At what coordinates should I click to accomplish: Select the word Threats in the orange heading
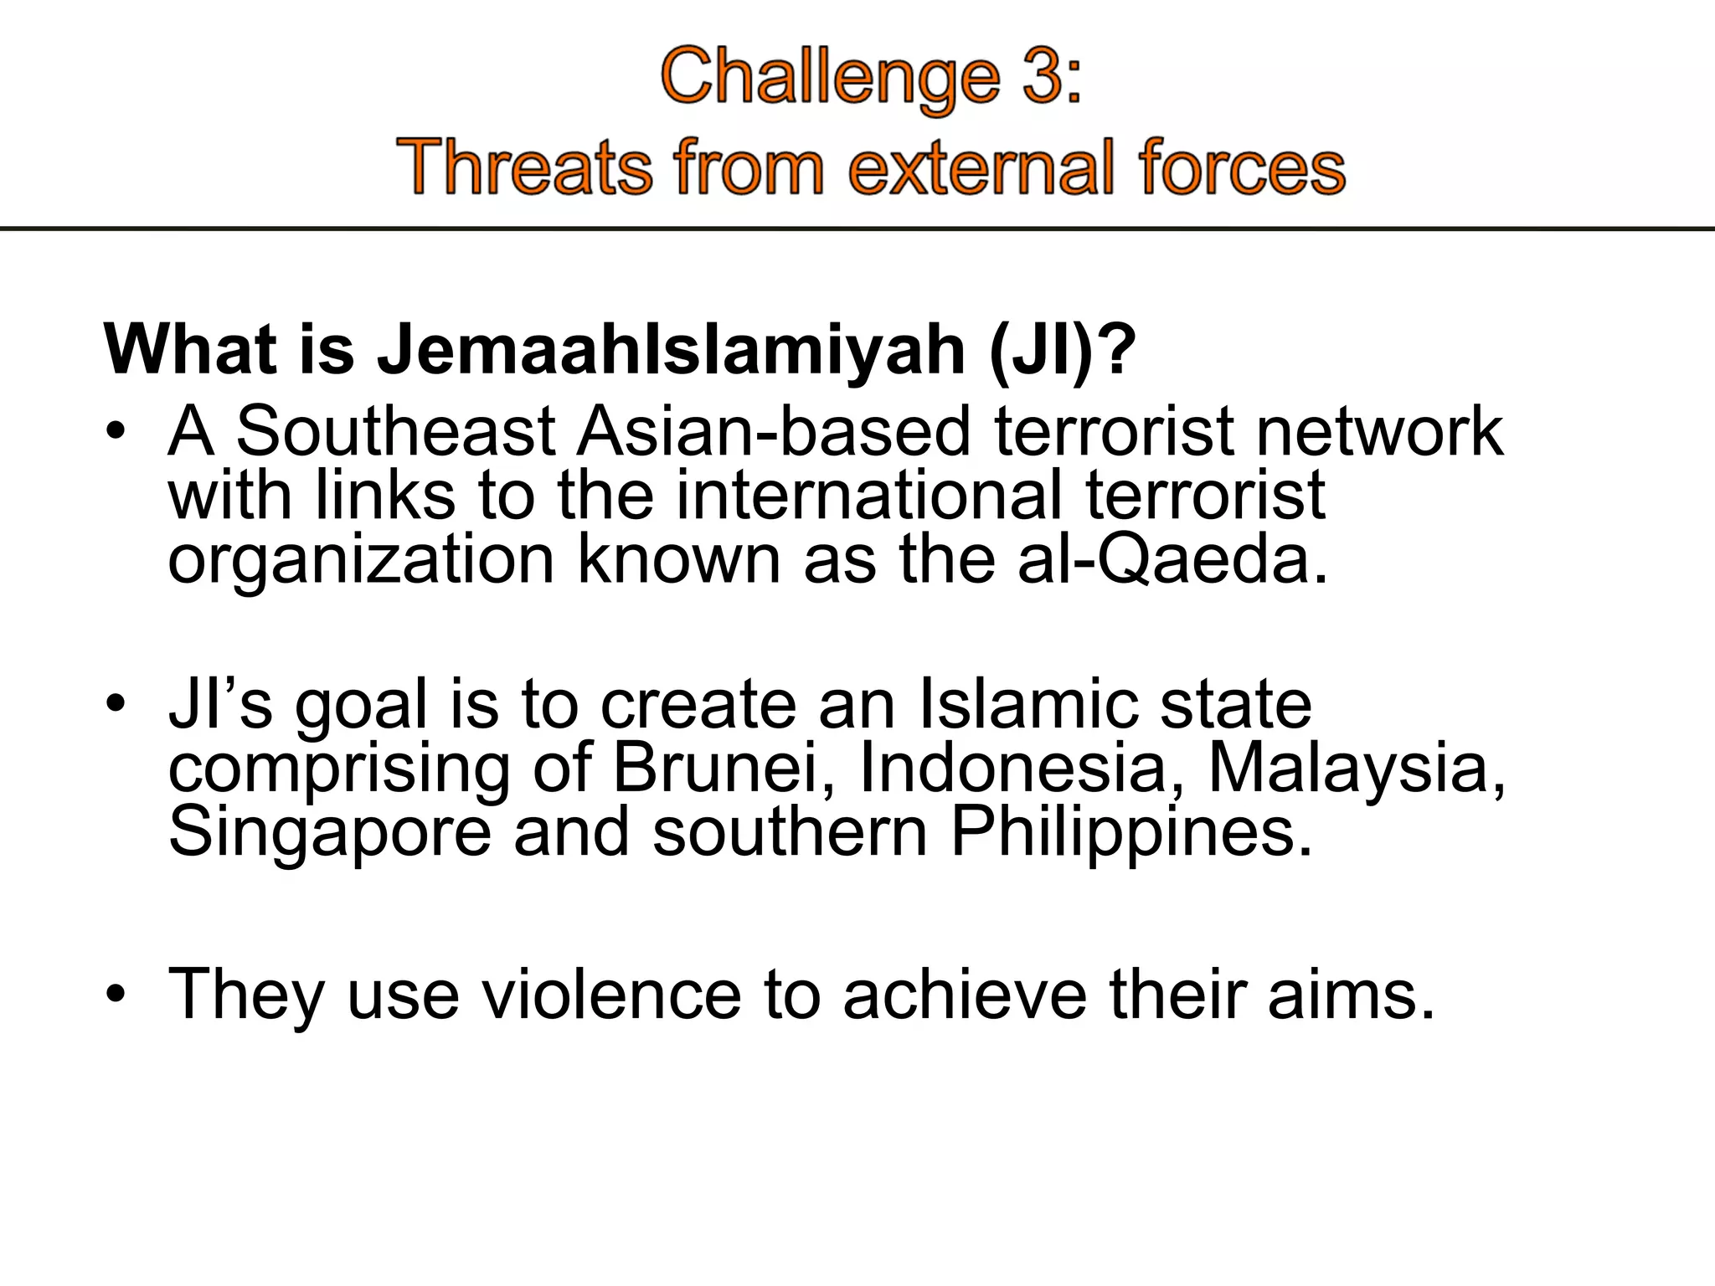coord(523,167)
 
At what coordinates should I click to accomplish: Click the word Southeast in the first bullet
coord(394,431)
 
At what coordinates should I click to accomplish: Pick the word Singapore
coord(330,832)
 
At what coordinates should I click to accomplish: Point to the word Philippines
coord(1130,832)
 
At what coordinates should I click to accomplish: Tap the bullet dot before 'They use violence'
coord(116,995)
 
